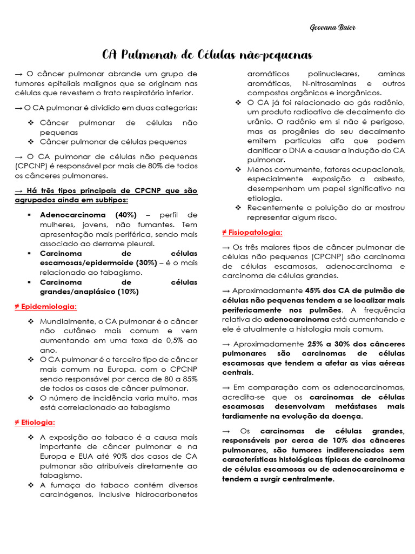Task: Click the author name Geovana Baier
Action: tap(332, 28)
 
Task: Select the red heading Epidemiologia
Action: tap(45, 307)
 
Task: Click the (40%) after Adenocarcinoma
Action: tap(125, 215)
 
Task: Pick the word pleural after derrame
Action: tap(139, 243)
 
